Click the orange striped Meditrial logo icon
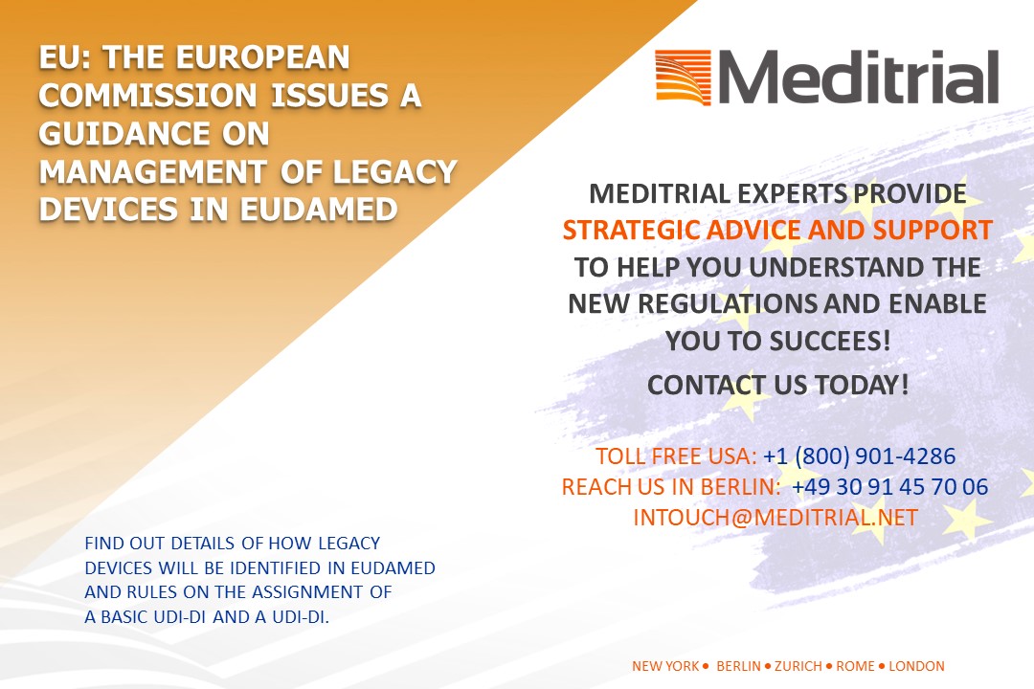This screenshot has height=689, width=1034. click(x=683, y=78)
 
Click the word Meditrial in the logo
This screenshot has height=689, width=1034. click(x=858, y=77)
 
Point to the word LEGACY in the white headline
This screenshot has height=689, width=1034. click(x=394, y=172)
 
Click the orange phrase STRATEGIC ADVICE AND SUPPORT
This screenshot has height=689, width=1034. click(x=777, y=230)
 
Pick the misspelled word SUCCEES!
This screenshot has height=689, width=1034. click(x=829, y=341)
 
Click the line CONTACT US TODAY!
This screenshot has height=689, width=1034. click(x=778, y=385)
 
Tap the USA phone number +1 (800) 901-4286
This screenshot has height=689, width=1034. click(x=859, y=456)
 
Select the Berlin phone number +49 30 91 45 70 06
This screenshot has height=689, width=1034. click(x=889, y=487)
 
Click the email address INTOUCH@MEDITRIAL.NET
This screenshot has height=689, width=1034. click(x=775, y=518)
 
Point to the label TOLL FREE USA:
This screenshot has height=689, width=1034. click(x=677, y=456)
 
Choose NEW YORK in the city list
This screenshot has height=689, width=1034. click(x=665, y=666)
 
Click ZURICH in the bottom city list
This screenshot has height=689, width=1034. click(x=798, y=666)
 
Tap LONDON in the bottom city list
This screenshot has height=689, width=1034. click(x=916, y=666)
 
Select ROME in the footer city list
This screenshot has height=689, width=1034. click(x=855, y=666)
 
